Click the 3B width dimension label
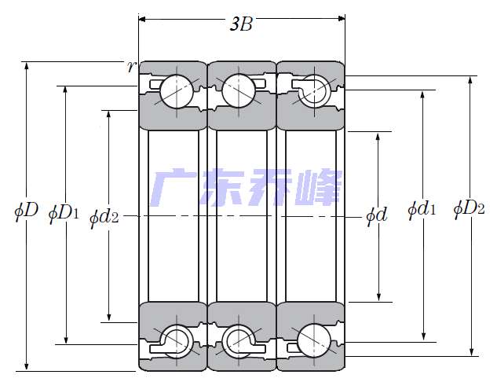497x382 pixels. (240, 25)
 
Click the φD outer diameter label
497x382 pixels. (26, 211)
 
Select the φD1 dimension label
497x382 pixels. (64, 212)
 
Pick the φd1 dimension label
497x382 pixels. (422, 210)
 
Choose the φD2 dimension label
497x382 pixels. (469, 210)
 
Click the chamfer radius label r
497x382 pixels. (131, 65)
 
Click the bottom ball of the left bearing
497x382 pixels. (175, 340)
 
